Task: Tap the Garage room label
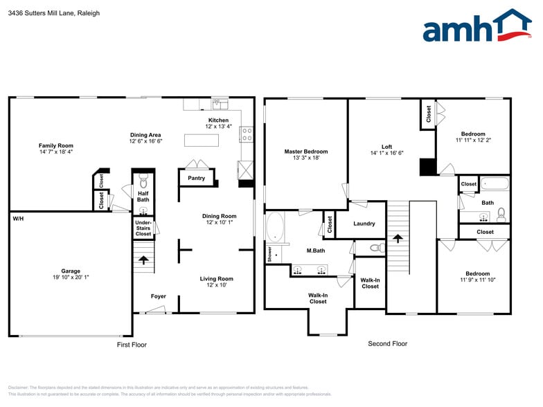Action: [x=70, y=271]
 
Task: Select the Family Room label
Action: [x=55, y=145]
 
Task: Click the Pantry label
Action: [x=197, y=178]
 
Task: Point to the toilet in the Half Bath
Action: [x=143, y=182]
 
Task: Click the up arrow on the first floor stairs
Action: [x=143, y=260]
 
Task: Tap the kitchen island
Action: [x=202, y=141]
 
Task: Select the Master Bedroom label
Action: [x=305, y=152]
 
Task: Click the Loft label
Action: [x=386, y=147]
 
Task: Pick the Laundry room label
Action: [x=364, y=224]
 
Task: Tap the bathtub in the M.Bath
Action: [x=276, y=228]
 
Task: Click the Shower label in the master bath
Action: [x=269, y=254]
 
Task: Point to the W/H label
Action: [x=17, y=219]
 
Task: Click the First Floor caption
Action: [x=131, y=344]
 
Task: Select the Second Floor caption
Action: [x=387, y=343]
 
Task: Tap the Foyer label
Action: [x=159, y=296]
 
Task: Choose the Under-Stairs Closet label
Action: [x=143, y=228]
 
